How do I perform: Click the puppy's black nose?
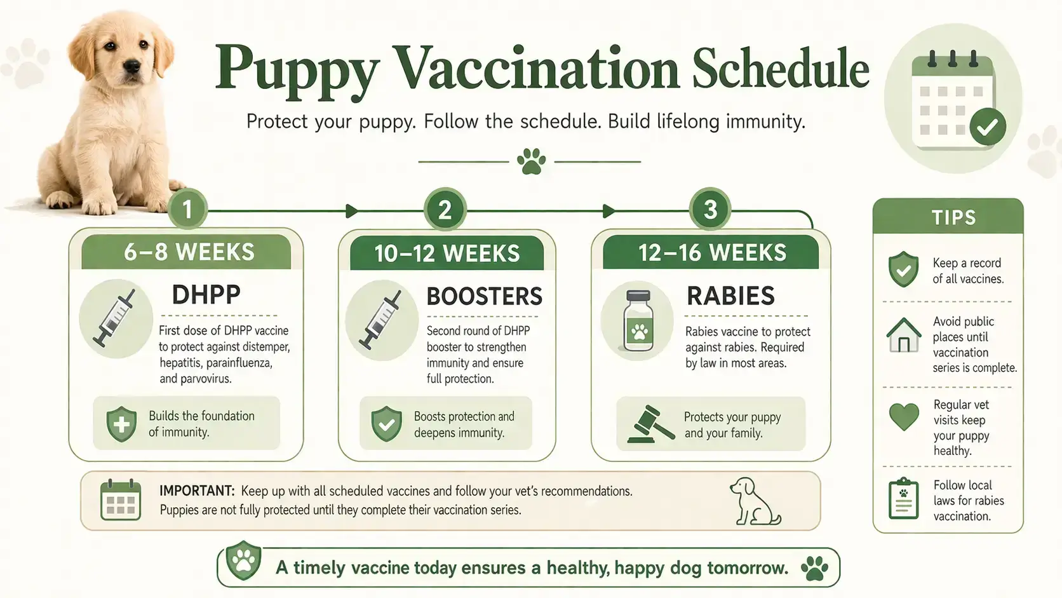131,65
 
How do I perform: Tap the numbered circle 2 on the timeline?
445,210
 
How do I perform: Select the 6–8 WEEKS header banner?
187,252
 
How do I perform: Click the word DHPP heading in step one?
206,295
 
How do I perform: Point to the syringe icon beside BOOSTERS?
381,320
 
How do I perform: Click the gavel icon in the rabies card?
650,425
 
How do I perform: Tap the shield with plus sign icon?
121,424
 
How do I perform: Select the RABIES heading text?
730,296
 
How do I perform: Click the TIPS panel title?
953,217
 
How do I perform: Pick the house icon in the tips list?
903,336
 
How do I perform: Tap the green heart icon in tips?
903,418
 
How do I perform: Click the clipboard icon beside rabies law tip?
903,499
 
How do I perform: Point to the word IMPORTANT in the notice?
196,491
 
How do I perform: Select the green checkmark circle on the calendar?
986,127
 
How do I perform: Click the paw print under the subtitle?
531,161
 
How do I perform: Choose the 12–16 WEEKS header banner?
711,253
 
